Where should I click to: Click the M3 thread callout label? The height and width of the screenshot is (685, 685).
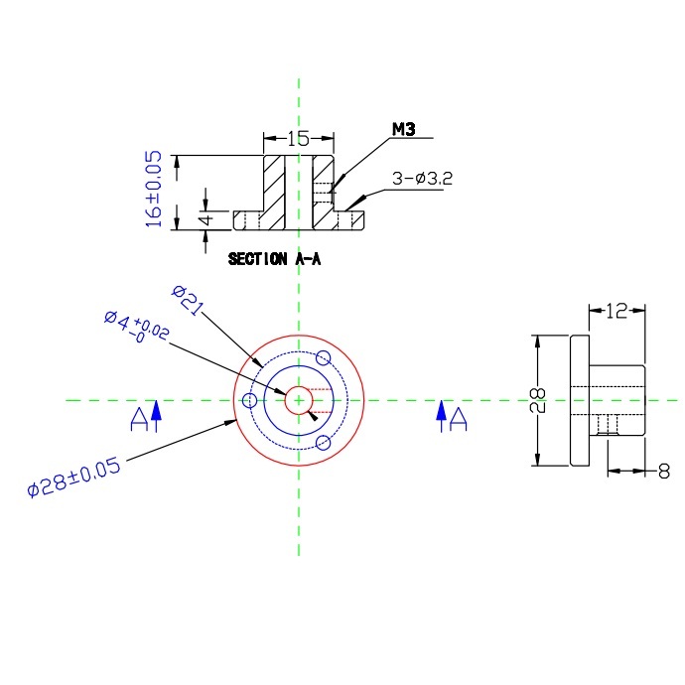click(x=404, y=129)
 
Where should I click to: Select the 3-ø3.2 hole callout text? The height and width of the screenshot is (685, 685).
click(x=422, y=179)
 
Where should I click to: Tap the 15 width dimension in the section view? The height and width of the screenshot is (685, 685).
click(x=299, y=138)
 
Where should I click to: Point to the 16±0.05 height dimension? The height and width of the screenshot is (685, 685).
click(x=153, y=189)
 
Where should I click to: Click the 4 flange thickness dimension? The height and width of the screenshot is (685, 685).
click(x=206, y=218)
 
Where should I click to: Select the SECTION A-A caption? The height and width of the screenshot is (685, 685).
click(x=274, y=259)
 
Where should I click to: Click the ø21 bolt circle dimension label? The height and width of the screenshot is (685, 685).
click(x=188, y=300)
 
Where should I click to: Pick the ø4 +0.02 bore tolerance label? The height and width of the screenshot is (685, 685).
click(x=136, y=327)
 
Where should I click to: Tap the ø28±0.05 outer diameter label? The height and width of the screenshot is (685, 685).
click(x=73, y=478)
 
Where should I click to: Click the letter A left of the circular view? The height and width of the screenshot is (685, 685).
click(x=139, y=419)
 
